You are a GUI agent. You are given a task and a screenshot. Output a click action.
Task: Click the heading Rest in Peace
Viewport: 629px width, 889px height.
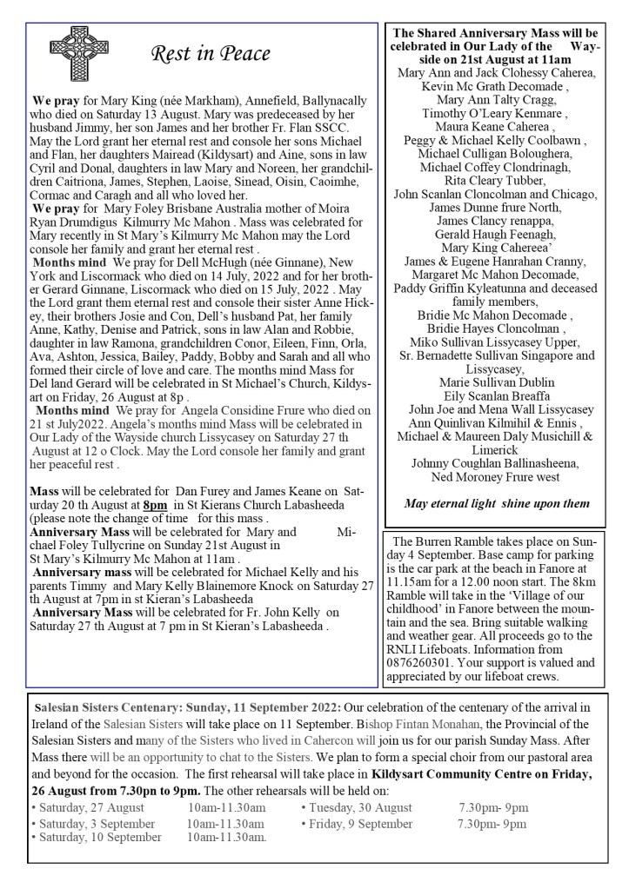click(x=211, y=55)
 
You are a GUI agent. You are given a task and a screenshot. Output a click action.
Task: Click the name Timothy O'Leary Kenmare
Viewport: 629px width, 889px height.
click(x=494, y=113)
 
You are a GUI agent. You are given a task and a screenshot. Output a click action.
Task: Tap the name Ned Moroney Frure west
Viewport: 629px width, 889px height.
click(x=494, y=477)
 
